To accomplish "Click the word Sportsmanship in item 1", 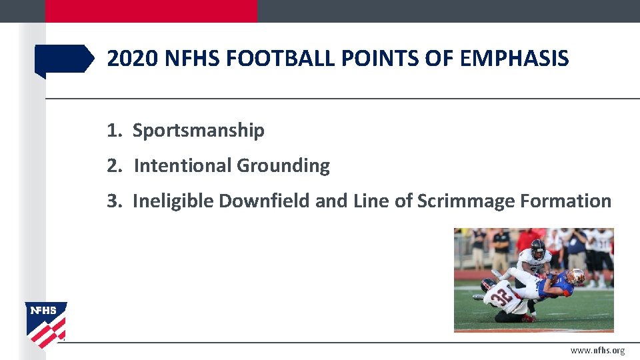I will click(198, 131).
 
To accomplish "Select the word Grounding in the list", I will click(283, 165).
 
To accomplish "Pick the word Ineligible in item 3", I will click(173, 201).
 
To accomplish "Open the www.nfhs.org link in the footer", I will click(597, 351).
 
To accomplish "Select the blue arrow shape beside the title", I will click(64, 59).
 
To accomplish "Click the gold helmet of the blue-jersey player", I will click(577, 275).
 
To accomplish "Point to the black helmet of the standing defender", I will click(537, 247).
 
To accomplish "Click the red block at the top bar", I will click(151, 11).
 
